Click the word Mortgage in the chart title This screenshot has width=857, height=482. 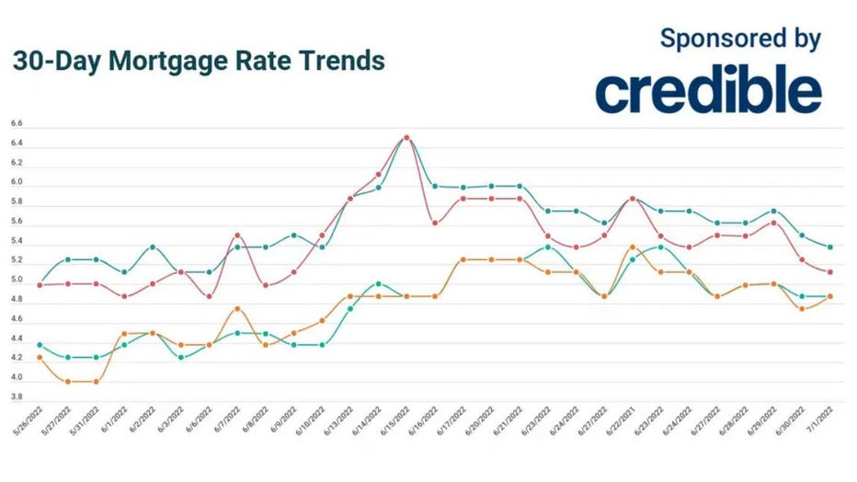[x=161, y=62]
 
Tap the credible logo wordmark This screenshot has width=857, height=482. [x=708, y=90]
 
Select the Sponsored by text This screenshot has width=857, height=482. [x=740, y=39]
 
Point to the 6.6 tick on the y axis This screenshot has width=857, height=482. [x=17, y=123]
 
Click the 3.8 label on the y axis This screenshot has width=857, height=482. [x=17, y=397]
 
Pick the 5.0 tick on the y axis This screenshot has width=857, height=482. [x=17, y=281]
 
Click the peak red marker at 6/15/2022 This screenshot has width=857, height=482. [x=406, y=138]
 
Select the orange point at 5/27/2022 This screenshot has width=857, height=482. [x=68, y=381]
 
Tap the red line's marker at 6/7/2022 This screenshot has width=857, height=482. [x=237, y=235]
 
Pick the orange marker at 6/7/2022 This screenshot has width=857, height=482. [x=237, y=309]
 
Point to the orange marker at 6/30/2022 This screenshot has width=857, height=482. [x=802, y=309]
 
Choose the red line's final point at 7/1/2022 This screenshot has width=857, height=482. [x=830, y=272]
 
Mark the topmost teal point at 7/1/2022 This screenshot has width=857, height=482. [x=830, y=247]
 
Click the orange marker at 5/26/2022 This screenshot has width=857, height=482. [x=40, y=357]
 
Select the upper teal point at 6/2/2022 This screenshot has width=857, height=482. [x=153, y=247]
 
